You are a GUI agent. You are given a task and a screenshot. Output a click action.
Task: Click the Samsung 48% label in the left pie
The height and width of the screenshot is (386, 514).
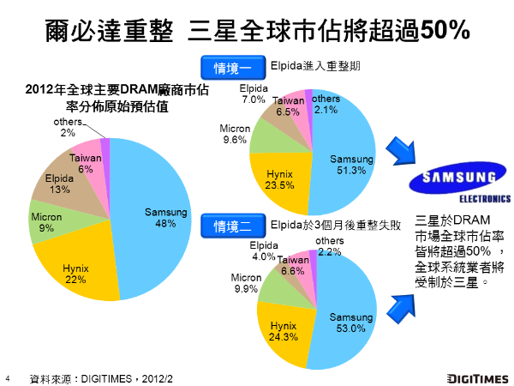tap(160, 218)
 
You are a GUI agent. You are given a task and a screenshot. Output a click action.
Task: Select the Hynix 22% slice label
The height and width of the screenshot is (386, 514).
tap(75, 274)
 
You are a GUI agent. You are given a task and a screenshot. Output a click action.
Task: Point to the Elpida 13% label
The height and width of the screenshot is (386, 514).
tap(60, 184)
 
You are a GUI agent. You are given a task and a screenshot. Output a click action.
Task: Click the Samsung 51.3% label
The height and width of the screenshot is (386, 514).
tap(352, 165)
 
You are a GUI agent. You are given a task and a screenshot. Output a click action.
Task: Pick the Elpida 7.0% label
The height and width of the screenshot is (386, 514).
tap(254, 94)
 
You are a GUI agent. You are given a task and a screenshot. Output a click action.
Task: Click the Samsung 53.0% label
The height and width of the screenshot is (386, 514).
tap(351, 323)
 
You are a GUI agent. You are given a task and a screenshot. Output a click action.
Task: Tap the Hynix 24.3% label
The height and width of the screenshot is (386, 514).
tap(284, 331)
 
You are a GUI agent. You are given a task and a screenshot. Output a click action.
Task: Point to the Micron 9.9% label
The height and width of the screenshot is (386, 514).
tap(245, 283)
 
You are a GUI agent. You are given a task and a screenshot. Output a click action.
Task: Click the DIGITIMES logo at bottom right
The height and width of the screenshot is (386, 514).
tap(473, 377)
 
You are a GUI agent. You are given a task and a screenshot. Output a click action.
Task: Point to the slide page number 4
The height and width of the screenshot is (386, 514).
tap(7, 377)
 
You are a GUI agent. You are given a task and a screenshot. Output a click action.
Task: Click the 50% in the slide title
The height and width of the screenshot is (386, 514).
tap(441, 30)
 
